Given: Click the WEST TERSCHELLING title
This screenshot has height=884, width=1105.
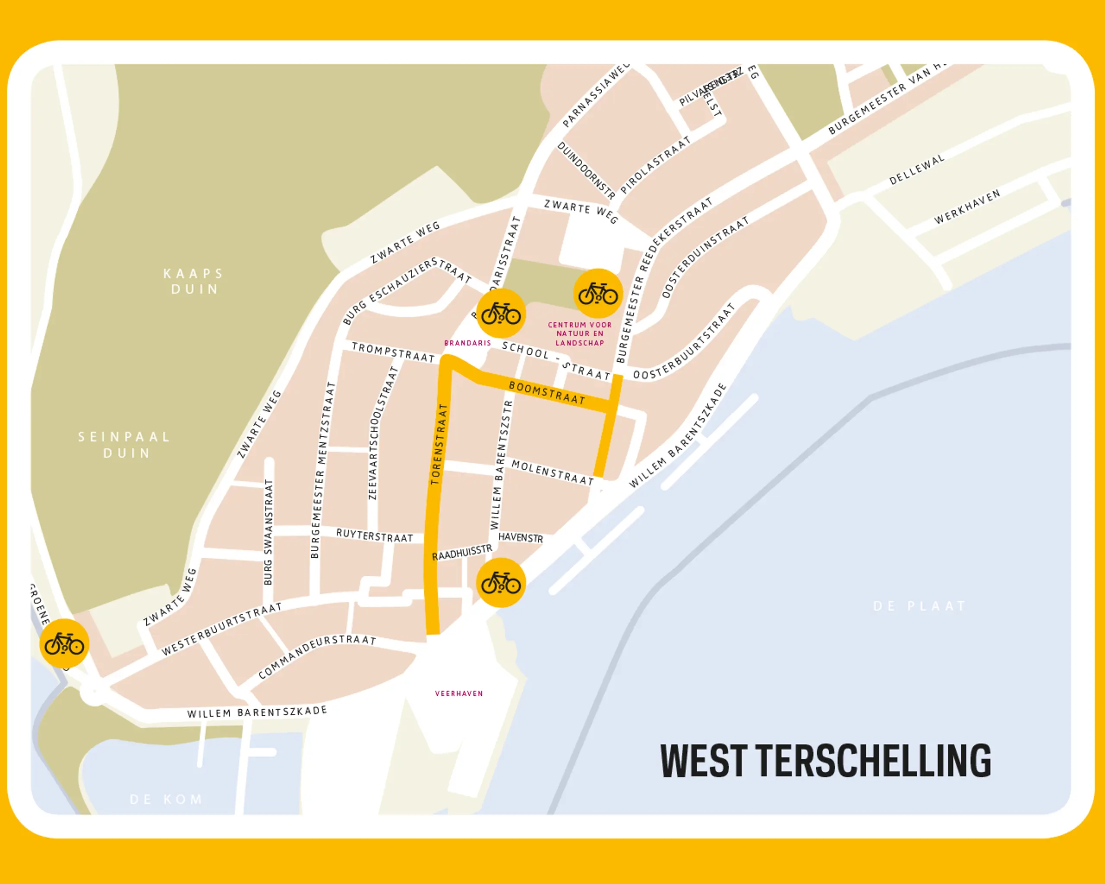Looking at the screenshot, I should point(825,761).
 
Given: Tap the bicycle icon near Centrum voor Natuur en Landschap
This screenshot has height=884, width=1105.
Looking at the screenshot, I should point(597,294).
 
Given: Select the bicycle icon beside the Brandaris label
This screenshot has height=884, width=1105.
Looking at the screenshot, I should point(501,313).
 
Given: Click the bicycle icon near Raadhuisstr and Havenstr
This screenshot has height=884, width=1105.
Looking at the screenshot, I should point(501,583).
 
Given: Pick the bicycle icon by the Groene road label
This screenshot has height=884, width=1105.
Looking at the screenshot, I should point(64,644).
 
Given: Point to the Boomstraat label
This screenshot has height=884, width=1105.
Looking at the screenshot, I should point(546,393).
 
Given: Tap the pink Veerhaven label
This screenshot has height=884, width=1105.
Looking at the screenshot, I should point(459,693).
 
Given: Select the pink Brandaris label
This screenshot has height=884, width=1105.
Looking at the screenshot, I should point(467,343).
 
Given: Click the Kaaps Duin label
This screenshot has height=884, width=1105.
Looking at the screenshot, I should point(194,281).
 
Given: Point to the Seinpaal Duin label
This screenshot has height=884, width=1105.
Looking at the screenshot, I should point(125,445).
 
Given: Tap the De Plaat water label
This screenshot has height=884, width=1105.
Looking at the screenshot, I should point(919,606).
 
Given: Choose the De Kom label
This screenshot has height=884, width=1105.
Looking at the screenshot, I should point(166,799).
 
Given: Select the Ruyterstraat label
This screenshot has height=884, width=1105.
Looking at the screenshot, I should point(374,536).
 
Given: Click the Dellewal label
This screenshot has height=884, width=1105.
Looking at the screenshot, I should point(916,170).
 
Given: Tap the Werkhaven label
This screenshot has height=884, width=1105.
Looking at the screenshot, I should point(967,206).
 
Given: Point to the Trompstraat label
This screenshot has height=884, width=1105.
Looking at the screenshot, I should point(393,353).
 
